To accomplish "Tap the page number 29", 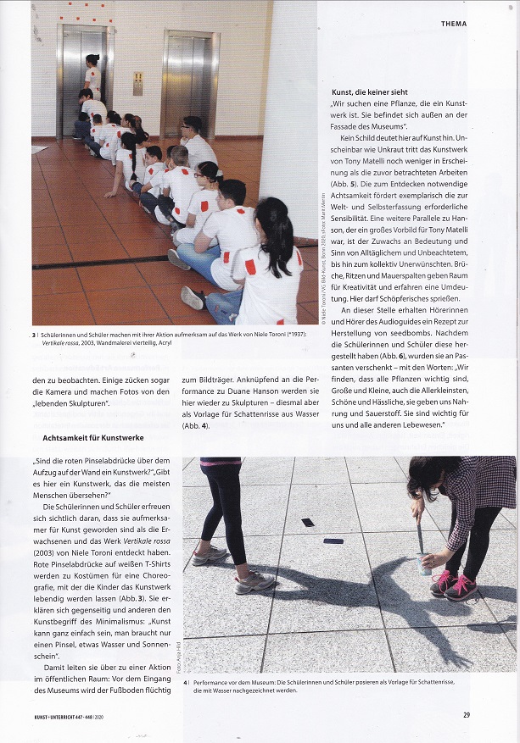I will [x=467, y=715].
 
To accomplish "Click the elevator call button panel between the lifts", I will [x=137, y=83].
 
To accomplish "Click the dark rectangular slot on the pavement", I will [x=333, y=541].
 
